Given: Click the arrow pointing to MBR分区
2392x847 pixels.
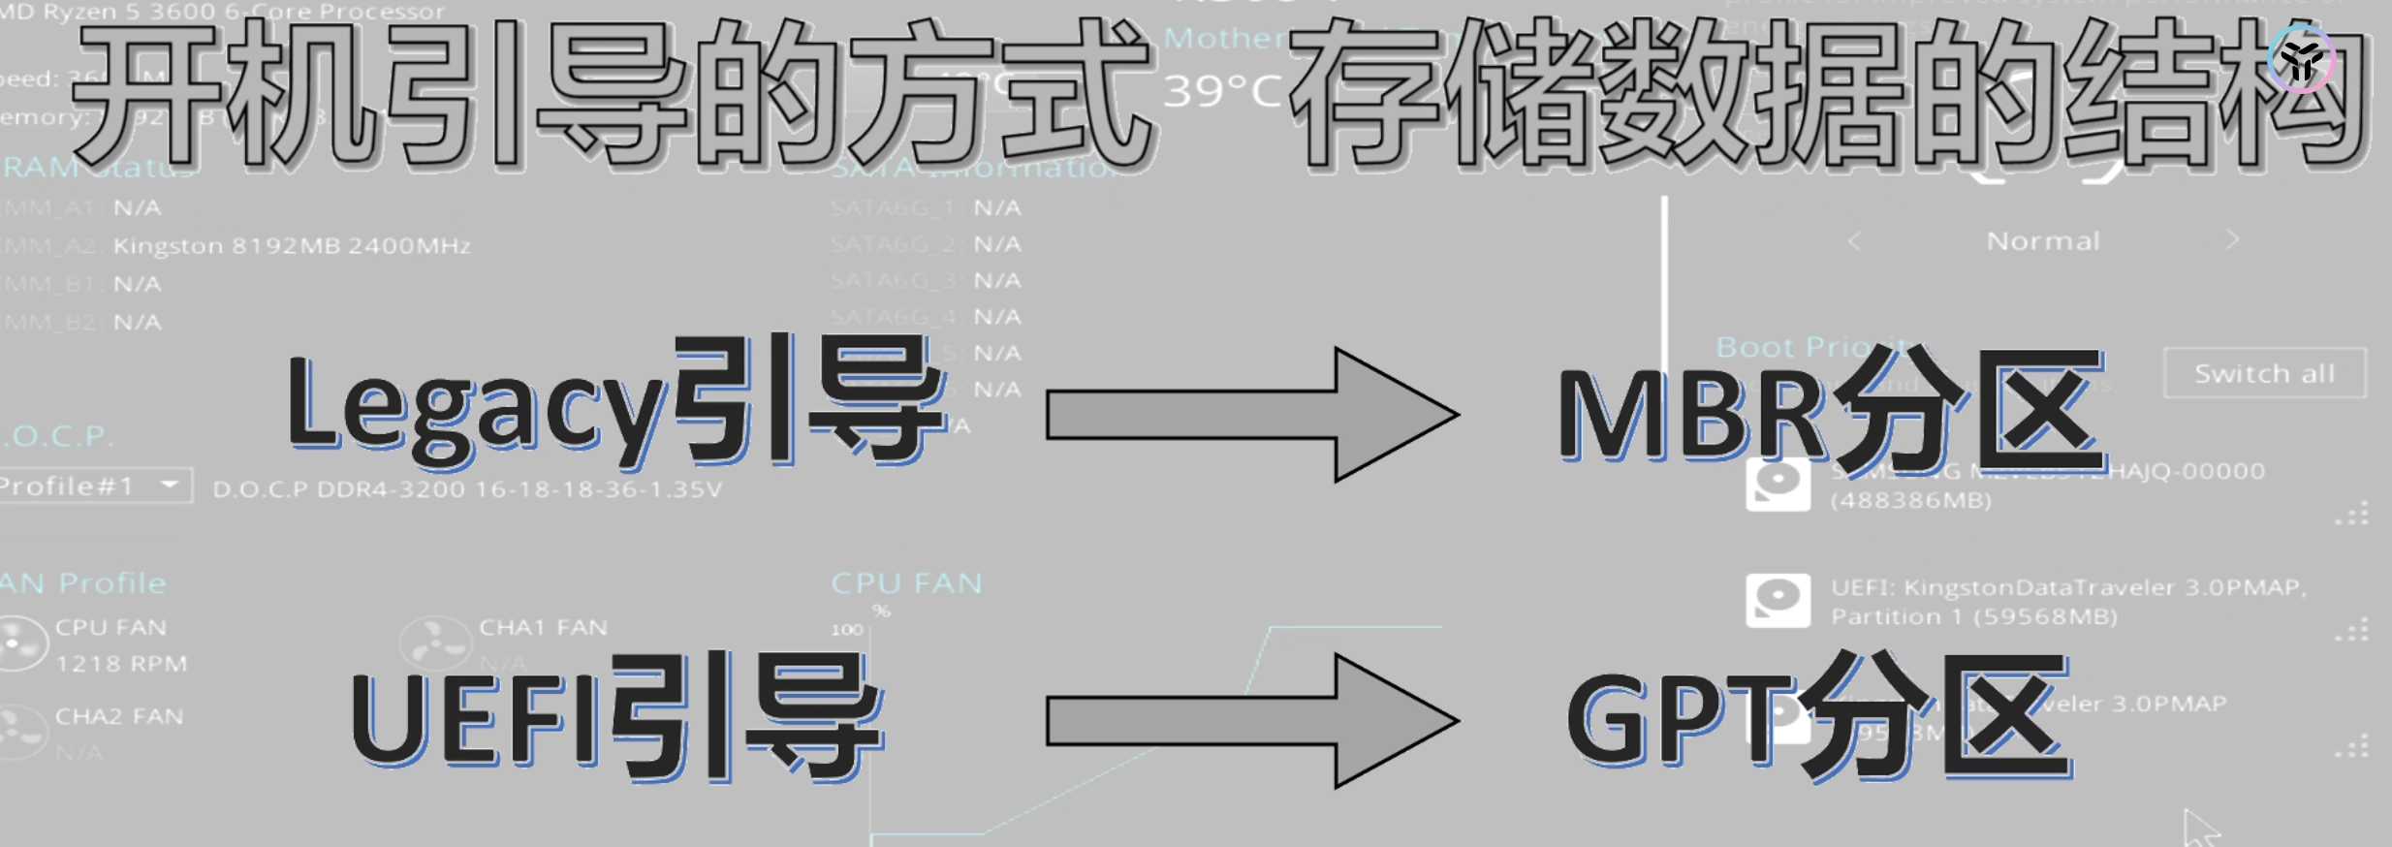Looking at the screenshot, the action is [x=1250, y=415].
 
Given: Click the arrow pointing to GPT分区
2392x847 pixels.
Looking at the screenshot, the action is [x=1250, y=720].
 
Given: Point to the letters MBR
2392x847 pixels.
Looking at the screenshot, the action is [x=1691, y=415].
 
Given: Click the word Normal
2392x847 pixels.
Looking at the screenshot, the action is [x=2043, y=241].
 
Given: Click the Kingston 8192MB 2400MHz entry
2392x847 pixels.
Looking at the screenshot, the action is [x=292, y=246].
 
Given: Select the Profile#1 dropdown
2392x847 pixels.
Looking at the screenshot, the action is [x=94, y=486].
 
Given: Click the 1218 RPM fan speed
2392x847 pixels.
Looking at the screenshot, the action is [x=121, y=664].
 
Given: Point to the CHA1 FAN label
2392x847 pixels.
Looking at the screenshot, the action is [x=543, y=627].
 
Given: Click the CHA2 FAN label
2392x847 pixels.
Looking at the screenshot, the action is [x=118, y=716].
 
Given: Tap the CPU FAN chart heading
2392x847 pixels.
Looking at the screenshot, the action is [x=906, y=583].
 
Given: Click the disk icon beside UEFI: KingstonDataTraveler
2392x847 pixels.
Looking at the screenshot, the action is [x=1778, y=600].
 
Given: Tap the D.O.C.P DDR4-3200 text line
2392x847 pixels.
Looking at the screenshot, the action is [x=467, y=489].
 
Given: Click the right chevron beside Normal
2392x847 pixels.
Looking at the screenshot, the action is [x=2232, y=239].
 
